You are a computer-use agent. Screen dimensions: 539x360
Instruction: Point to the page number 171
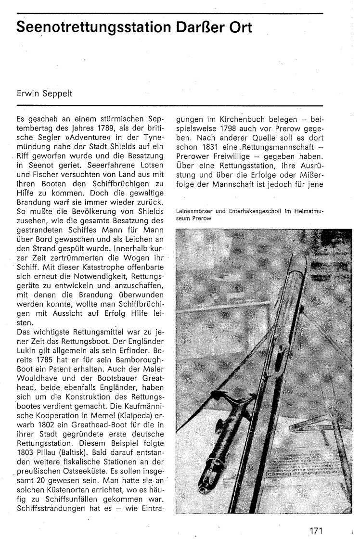point(316,518)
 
